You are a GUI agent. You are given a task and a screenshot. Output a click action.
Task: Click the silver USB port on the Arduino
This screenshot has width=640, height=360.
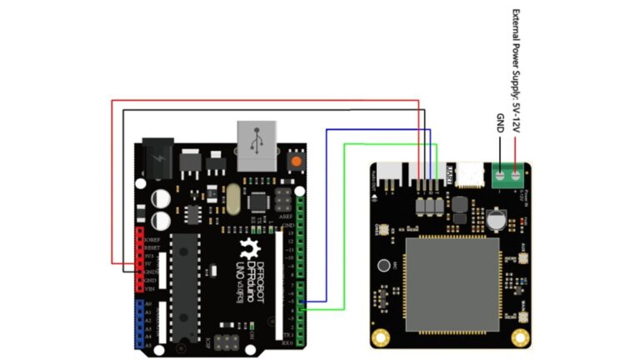point(259,146)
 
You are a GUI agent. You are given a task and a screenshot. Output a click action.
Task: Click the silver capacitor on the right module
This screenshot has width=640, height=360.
point(497,219)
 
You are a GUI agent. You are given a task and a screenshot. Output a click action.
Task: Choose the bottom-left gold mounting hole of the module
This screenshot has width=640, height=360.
point(382,337)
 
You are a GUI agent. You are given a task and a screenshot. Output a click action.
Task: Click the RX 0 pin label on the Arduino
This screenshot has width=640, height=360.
point(287,342)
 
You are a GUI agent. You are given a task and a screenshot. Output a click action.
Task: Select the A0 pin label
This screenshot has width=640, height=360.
point(151,305)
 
